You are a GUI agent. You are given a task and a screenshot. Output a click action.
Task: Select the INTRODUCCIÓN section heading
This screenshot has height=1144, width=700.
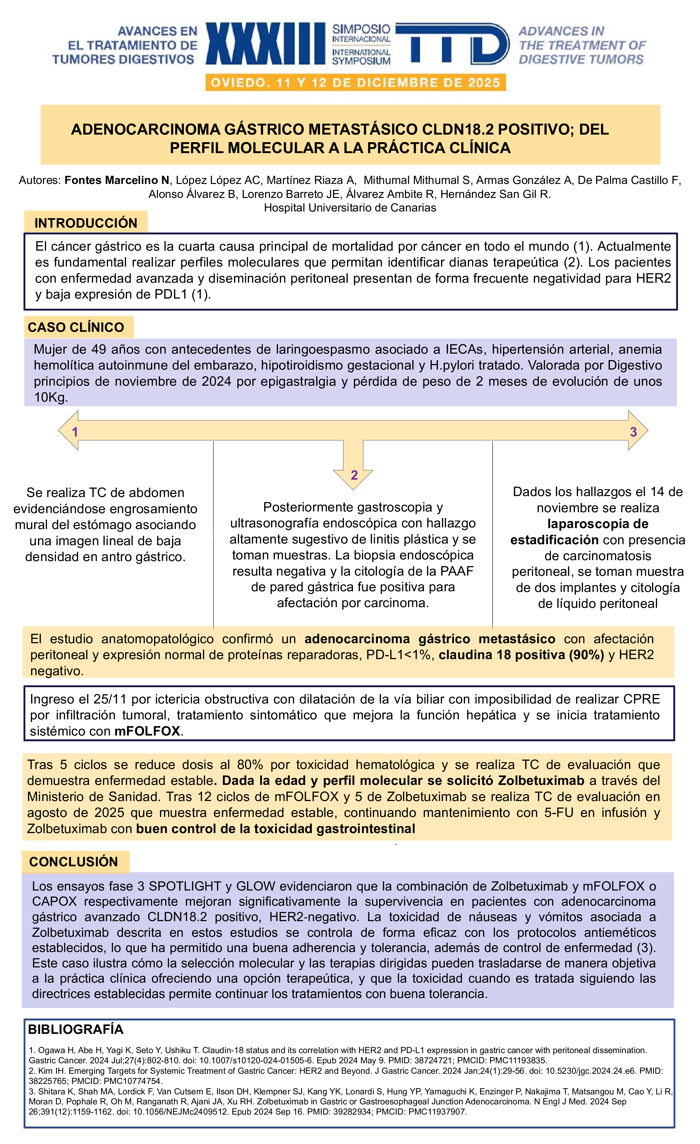coord(86,223)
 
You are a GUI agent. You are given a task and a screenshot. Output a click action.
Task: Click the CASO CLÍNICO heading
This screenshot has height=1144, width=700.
coord(76,327)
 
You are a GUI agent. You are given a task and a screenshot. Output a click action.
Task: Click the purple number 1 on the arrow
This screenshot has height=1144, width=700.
coord(75,432)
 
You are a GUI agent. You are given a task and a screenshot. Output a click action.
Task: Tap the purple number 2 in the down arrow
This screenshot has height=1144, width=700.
coord(354,475)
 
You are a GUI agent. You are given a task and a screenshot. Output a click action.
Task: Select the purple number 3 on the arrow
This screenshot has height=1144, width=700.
coord(633,432)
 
